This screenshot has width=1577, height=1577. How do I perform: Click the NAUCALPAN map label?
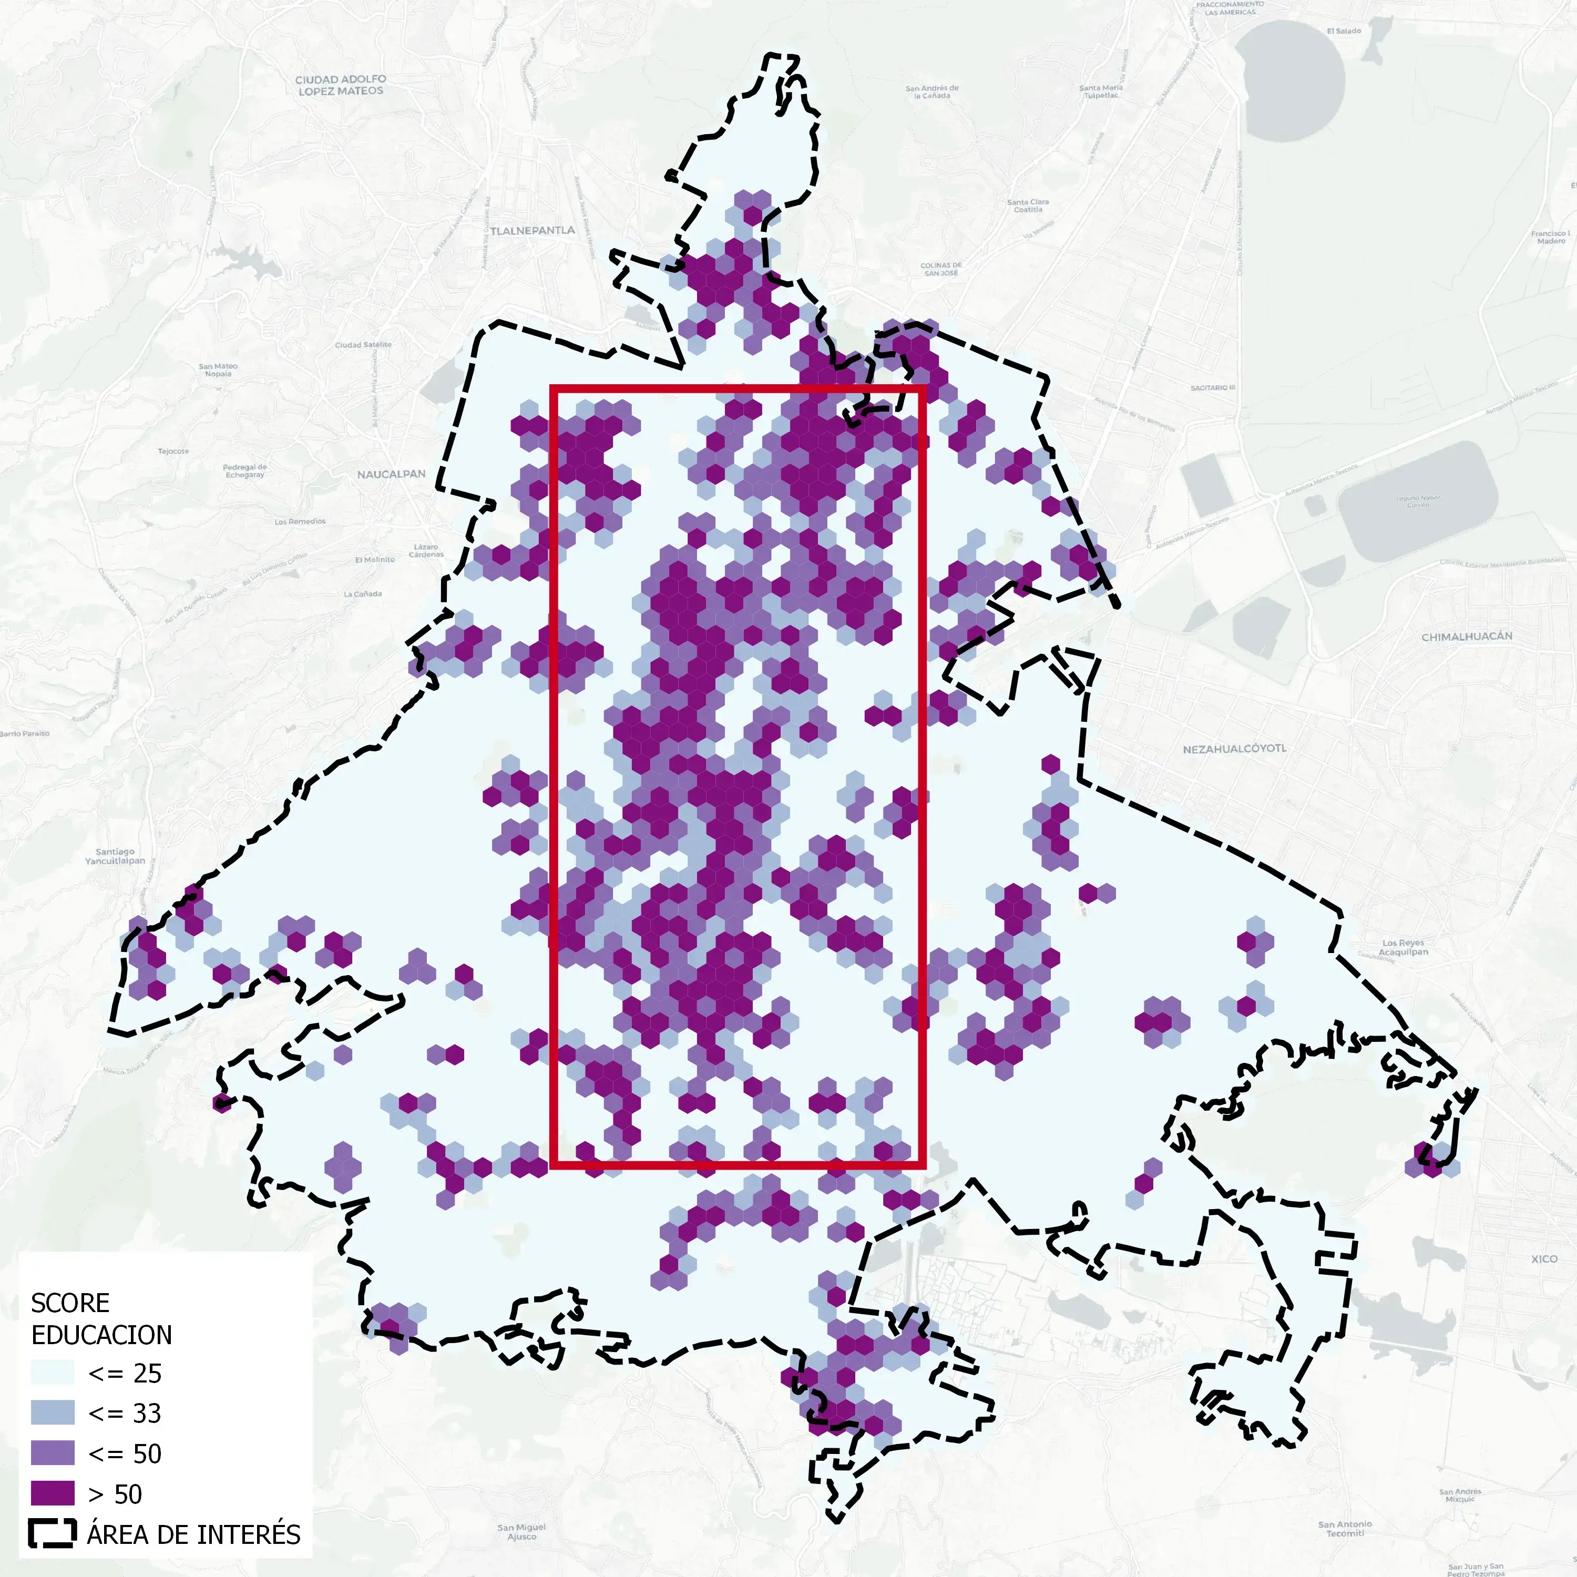[391, 474]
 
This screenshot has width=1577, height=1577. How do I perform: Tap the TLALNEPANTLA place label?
[532, 231]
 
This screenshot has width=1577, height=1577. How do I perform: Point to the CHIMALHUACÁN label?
[1467, 637]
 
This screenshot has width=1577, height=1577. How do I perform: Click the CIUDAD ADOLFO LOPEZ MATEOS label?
[341, 85]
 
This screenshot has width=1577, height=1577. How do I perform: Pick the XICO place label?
[1543, 1258]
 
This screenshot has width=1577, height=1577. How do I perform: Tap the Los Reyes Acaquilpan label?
[1403, 947]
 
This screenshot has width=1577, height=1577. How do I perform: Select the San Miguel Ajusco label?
[521, 1531]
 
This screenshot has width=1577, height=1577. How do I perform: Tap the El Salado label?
[1344, 31]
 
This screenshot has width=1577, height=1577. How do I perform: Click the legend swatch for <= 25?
[53, 1373]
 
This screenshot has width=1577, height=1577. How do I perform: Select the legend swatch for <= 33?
[53, 1413]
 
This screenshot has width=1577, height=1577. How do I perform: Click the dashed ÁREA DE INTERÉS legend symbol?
[53, 1534]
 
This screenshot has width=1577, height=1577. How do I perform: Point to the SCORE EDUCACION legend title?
[101, 1318]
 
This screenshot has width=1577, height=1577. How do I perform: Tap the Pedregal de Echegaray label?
[245, 471]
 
